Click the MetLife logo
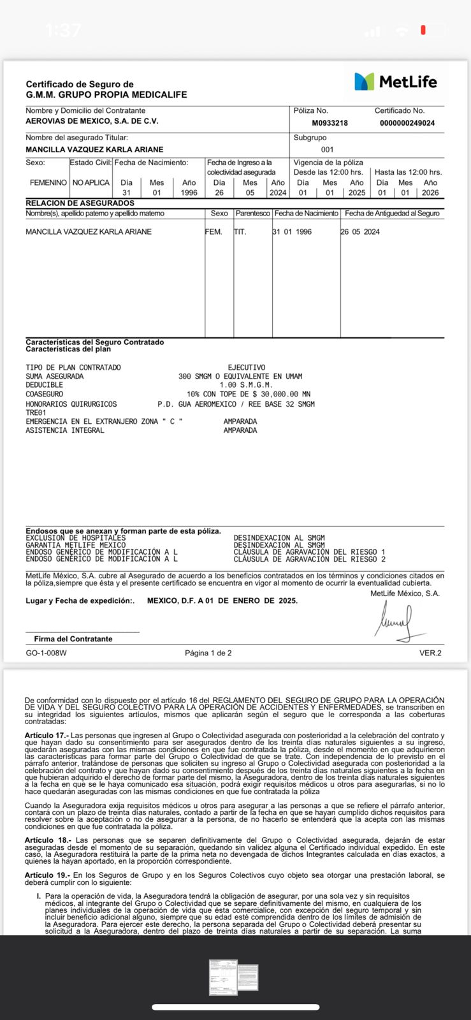tap(395, 82)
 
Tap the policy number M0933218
tap(330, 123)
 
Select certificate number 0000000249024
tap(407, 123)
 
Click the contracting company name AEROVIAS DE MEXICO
tap(92, 121)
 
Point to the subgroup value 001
tap(327, 150)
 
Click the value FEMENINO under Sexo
tap(48, 183)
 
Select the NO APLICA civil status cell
tap(91, 183)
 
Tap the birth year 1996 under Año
tap(189, 193)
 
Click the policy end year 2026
tap(430, 193)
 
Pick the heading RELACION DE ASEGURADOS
tap(80, 203)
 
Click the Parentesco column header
tap(252, 214)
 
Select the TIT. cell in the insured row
tap(240, 232)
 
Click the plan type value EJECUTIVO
tap(246, 368)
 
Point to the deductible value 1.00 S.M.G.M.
tap(246, 385)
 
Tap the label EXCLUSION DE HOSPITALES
tap(75, 538)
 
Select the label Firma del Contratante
tap(73, 639)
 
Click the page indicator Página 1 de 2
tap(208, 653)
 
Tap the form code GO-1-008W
tap(46, 653)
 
